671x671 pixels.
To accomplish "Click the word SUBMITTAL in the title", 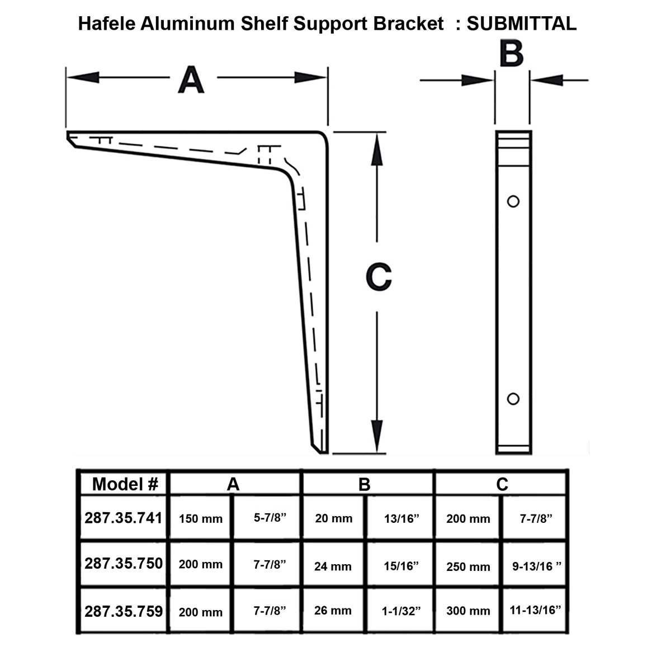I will (521, 23).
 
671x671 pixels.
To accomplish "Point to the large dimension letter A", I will (191, 80).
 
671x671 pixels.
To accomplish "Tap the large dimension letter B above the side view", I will (511, 54).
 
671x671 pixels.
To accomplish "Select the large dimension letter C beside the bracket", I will (378, 277).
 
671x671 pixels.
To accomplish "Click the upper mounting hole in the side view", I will (513, 201).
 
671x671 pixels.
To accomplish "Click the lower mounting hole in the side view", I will (513, 399).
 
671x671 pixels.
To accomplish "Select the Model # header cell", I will (125, 484).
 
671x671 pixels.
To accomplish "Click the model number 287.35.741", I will (124, 518).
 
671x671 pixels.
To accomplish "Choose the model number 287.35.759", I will (124, 611).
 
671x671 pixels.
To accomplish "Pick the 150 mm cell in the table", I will (200, 518).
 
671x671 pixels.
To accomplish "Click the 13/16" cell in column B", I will (401, 518).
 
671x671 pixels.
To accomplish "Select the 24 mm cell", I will (333, 566).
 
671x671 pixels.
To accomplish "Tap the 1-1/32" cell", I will (401, 611).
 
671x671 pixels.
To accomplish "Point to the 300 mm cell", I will (468, 611).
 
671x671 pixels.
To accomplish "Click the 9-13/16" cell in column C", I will (536, 566).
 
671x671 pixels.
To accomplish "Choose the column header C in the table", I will (502, 484).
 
